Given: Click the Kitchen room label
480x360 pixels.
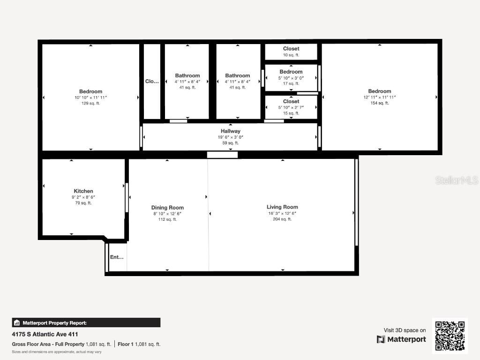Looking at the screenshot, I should point(83,191).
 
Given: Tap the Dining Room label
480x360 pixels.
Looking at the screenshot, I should point(167,208).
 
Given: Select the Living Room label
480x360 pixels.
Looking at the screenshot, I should point(282,207).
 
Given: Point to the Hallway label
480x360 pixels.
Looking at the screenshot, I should point(231,131).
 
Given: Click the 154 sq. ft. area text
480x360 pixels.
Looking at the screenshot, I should point(380,103).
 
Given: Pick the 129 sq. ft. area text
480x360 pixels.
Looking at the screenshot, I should point(90,103).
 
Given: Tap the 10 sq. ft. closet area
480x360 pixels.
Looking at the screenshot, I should point(291,55).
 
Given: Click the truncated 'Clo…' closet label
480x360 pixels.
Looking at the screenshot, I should point(152,81).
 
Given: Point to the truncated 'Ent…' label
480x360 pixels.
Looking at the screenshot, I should point(117,257).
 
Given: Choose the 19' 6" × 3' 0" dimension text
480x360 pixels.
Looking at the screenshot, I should point(231,137).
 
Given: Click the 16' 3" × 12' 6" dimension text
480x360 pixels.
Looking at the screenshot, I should point(282,213).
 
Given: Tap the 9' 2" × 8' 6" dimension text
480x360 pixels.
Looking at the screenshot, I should point(83,197).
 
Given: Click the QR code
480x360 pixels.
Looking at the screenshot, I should point(450,336).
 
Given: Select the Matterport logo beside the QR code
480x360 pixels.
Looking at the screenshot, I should point(402,339).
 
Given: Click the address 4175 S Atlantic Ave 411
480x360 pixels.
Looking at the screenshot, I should point(45,334).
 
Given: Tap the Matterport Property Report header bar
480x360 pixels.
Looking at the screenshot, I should point(86,322).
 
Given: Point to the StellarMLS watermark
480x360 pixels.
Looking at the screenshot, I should point(457,180).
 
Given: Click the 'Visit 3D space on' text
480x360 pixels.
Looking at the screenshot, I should point(405,330).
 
